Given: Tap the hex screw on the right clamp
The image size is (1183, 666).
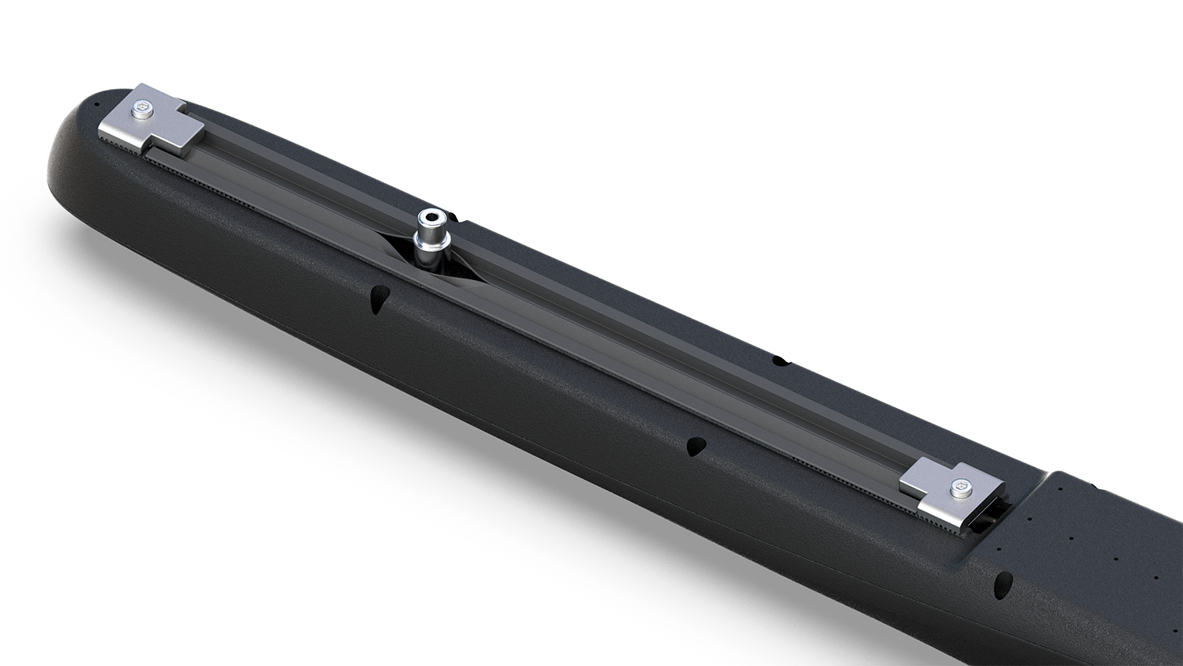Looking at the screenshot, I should click(960, 488).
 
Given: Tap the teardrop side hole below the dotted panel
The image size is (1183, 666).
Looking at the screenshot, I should click(1004, 583).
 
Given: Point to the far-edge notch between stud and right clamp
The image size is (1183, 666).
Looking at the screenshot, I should click(780, 361).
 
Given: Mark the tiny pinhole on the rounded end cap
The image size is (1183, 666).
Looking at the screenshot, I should click(96, 104).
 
